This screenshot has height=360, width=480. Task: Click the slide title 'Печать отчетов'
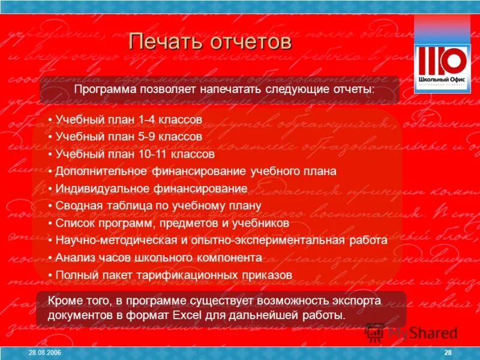pos(210,43)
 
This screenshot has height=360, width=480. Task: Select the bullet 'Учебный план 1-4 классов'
pos(128,119)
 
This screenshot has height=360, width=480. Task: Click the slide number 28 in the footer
pos(448,352)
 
